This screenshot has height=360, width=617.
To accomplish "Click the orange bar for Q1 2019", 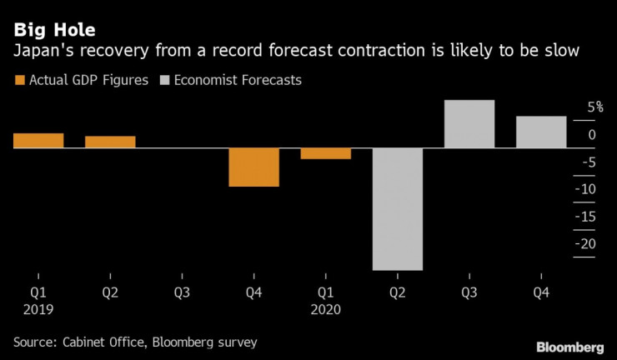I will tap(38, 141).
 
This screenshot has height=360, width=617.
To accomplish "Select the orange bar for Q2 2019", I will tap(110, 142).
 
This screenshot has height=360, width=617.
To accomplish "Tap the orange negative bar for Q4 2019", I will tap(253, 167).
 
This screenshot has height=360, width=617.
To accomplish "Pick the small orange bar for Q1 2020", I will tap(326, 153).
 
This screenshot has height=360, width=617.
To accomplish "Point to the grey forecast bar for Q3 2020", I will tap(469, 124).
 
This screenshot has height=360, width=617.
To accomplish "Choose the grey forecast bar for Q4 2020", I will tap(541, 132).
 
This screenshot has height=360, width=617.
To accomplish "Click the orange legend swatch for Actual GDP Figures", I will tap(19, 81).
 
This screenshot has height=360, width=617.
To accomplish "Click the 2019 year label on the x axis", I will tap(38, 309).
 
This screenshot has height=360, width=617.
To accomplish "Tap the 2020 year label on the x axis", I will tap(326, 309).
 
